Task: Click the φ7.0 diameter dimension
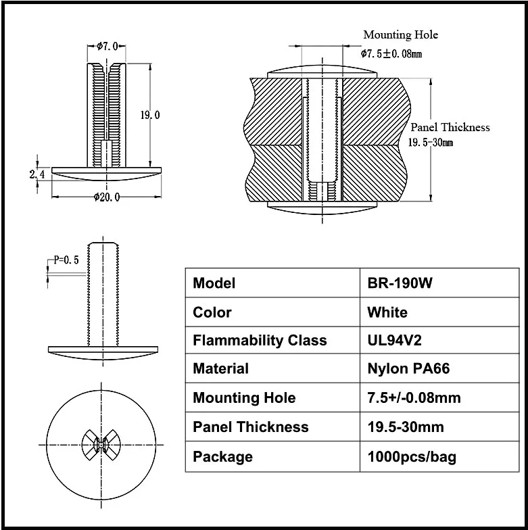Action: click(x=107, y=46)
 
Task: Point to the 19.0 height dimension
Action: click(x=149, y=115)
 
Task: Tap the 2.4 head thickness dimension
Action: click(x=37, y=175)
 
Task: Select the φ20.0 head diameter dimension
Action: click(x=107, y=197)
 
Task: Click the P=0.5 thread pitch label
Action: click(x=67, y=260)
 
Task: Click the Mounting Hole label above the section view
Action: click(x=400, y=34)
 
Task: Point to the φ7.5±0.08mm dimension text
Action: click(x=391, y=53)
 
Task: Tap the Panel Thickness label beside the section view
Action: click(x=450, y=127)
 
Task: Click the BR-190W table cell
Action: click(x=400, y=283)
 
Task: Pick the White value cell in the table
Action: click(x=387, y=312)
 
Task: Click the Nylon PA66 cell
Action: click(x=408, y=369)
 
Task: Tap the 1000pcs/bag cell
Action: click(x=411, y=457)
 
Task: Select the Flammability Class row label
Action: click(x=260, y=341)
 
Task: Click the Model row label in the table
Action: click(x=214, y=283)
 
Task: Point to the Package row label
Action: click(x=222, y=457)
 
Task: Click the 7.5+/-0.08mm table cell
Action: click(x=414, y=398)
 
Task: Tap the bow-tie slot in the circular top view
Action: click(x=102, y=443)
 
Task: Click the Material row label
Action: click(x=221, y=369)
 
